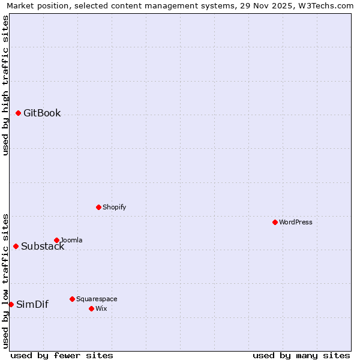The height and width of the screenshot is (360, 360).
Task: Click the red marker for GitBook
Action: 18,113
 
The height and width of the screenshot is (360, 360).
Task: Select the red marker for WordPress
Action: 275,222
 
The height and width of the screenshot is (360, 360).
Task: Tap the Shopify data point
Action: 98,207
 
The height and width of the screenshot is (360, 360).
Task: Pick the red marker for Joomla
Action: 56,240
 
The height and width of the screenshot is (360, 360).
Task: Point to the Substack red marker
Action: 16,246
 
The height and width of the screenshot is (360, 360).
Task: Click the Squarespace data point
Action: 72,299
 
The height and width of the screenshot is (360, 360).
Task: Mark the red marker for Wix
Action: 91,308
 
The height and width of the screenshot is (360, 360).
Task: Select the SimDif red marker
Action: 11,304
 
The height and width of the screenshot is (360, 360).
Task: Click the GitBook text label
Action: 42,113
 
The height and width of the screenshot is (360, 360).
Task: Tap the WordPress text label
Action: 296,222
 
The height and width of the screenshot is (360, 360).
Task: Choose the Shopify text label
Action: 114,207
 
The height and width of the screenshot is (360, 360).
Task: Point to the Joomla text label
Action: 71,240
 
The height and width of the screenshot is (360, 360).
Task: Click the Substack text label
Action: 43,246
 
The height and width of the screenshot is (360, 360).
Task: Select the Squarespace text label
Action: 97,299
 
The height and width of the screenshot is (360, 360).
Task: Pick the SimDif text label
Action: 32,304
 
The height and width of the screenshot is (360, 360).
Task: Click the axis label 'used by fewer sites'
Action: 62,355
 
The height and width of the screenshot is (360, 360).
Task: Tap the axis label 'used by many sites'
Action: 301,355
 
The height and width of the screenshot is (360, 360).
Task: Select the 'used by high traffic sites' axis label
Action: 5,85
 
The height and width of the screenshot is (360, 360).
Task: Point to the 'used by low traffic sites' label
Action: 5,280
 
